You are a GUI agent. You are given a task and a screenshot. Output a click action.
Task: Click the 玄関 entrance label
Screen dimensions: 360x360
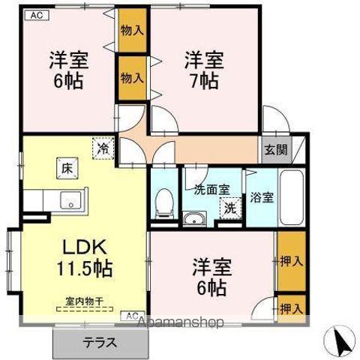[275, 148]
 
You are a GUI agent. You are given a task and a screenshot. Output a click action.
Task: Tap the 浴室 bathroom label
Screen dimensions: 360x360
[261, 198]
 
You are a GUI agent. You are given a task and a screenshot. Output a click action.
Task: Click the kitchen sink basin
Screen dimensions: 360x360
[70, 200]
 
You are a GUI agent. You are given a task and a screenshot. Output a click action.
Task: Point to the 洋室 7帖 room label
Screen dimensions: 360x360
[204, 69]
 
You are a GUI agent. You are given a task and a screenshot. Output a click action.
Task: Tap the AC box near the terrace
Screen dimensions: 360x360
[132, 315]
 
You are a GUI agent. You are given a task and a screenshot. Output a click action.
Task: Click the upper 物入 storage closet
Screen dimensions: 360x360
[133, 31]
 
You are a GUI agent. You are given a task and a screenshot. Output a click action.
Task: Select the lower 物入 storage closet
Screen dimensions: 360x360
[132, 78]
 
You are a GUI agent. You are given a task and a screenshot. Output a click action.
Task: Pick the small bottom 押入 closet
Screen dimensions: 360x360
[291, 308]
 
